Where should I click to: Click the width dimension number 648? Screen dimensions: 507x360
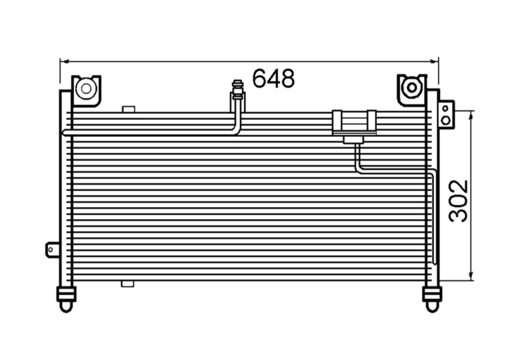point(273,78)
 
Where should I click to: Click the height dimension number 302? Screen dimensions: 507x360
point(458,201)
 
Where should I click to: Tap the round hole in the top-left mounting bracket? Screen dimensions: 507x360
point(86,88)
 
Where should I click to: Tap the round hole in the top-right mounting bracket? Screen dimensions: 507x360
point(412,87)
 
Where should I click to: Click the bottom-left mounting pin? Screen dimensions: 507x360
point(66,299)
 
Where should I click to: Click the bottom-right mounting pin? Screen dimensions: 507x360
point(432,299)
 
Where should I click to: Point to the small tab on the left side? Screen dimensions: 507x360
point(52,250)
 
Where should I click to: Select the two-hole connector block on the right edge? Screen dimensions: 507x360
point(446,114)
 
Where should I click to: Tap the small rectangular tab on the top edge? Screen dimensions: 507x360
point(128,109)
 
